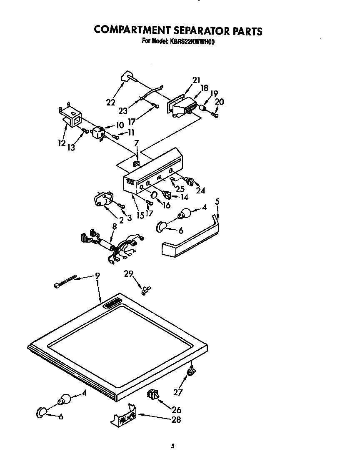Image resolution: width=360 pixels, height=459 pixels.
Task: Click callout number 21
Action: (196, 80)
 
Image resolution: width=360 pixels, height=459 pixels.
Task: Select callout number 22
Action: (110, 102)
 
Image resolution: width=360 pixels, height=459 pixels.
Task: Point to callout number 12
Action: (62, 143)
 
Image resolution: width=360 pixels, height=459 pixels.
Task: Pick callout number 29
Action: (129, 274)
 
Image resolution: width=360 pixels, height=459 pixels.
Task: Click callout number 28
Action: (176, 420)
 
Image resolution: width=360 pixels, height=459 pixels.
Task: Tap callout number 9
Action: (97, 276)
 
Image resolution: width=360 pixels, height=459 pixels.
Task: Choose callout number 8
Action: (114, 227)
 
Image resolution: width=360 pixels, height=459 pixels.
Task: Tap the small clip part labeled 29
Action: (146, 289)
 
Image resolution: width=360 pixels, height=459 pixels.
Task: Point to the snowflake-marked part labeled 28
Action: (124, 415)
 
